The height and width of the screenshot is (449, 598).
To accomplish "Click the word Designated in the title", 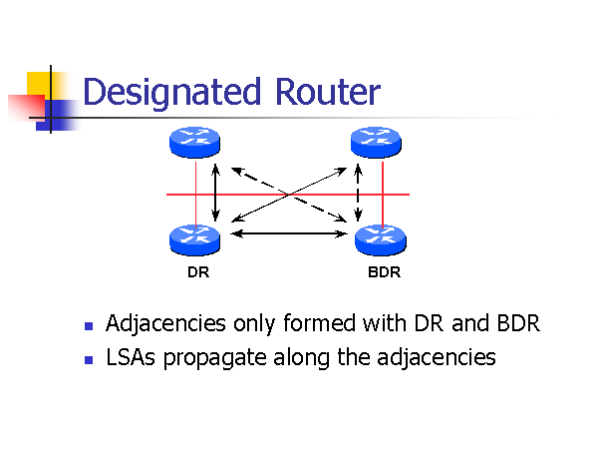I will coord(165,93).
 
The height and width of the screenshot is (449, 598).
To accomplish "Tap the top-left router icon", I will coord(195,143).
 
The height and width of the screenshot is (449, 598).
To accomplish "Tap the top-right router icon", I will coord(378,143).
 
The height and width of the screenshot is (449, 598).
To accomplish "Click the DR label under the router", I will coord(197,270).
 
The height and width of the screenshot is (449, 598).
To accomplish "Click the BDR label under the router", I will coord(384,270).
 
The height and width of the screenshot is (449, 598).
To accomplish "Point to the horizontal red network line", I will coord(289,193).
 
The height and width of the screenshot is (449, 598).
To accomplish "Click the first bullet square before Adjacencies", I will coord(89,326).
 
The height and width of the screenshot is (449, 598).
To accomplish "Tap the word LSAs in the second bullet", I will coord(127,357).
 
